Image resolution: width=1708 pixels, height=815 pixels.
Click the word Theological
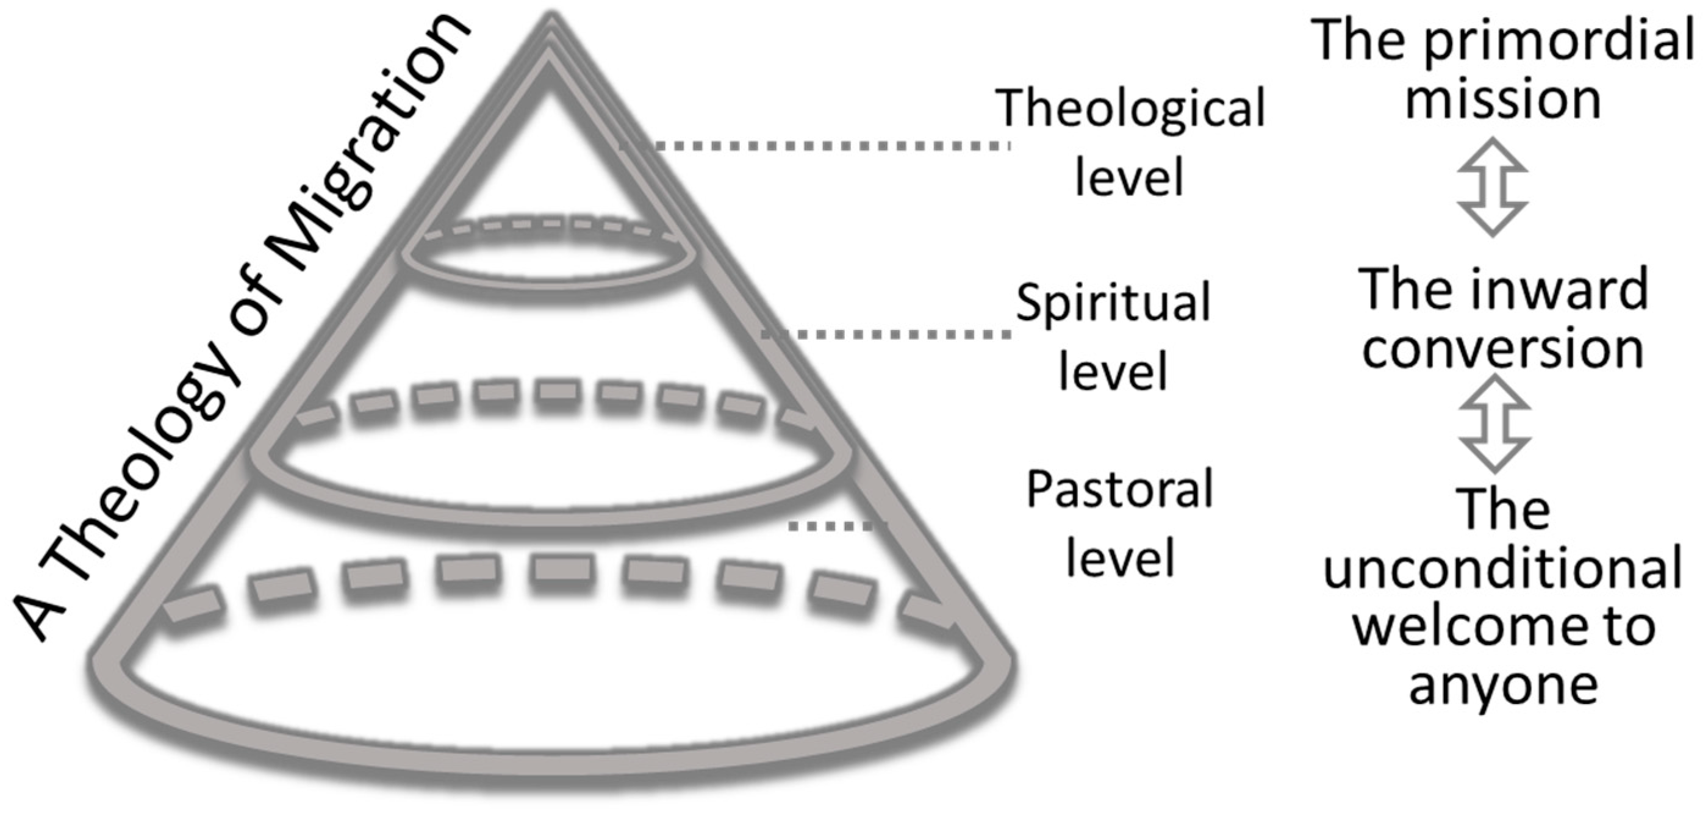click(x=1130, y=109)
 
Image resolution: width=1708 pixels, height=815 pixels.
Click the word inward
click(x=1565, y=290)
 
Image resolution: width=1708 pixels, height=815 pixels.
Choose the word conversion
click(x=1503, y=350)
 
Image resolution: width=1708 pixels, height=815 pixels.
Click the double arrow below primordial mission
click(x=1493, y=187)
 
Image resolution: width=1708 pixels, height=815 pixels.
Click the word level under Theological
click(x=1129, y=178)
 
